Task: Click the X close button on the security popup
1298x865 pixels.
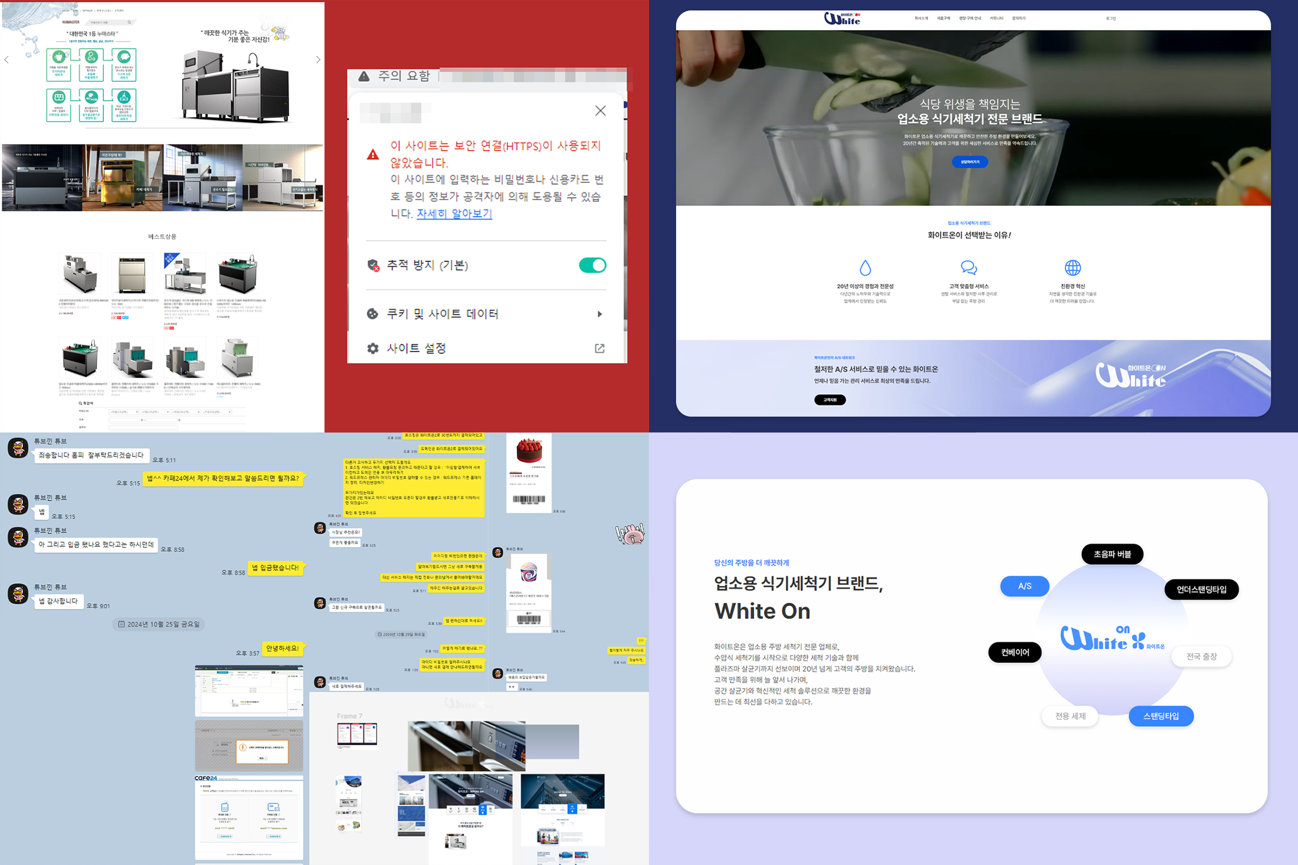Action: pyautogui.click(x=600, y=111)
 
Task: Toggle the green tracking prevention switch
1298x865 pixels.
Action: pyautogui.click(x=592, y=266)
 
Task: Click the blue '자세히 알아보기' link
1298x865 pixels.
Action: pyautogui.click(x=454, y=214)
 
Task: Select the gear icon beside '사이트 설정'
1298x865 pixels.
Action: pyautogui.click(x=373, y=349)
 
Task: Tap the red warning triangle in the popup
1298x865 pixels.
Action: pyautogui.click(x=373, y=155)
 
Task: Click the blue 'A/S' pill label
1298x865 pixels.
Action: pyautogui.click(x=1024, y=586)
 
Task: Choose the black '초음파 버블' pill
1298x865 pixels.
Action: pyautogui.click(x=1112, y=554)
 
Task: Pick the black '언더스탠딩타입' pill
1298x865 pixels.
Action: pyautogui.click(x=1201, y=589)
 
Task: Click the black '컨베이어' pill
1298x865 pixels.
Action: pyautogui.click(x=1015, y=652)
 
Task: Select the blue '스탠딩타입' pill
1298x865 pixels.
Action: pyautogui.click(x=1161, y=716)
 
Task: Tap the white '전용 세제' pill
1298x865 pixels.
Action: pyautogui.click(x=1070, y=716)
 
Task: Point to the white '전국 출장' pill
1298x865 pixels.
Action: pyautogui.click(x=1201, y=656)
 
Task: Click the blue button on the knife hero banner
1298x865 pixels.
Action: pyautogui.click(x=969, y=162)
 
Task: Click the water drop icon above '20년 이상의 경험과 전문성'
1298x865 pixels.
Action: pyautogui.click(x=865, y=268)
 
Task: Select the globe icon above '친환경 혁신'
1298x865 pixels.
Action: pyautogui.click(x=1072, y=268)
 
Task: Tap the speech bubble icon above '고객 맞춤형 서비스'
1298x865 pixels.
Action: pyautogui.click(x=968, y=268)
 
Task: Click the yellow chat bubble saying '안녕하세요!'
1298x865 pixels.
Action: pyautogui.click(x=283, y=648)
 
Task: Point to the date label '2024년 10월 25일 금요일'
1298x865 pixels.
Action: pyautogui.click(x=159, y=624)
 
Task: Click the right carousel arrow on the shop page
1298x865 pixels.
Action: pyautogui.click(x=318, y=60)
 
